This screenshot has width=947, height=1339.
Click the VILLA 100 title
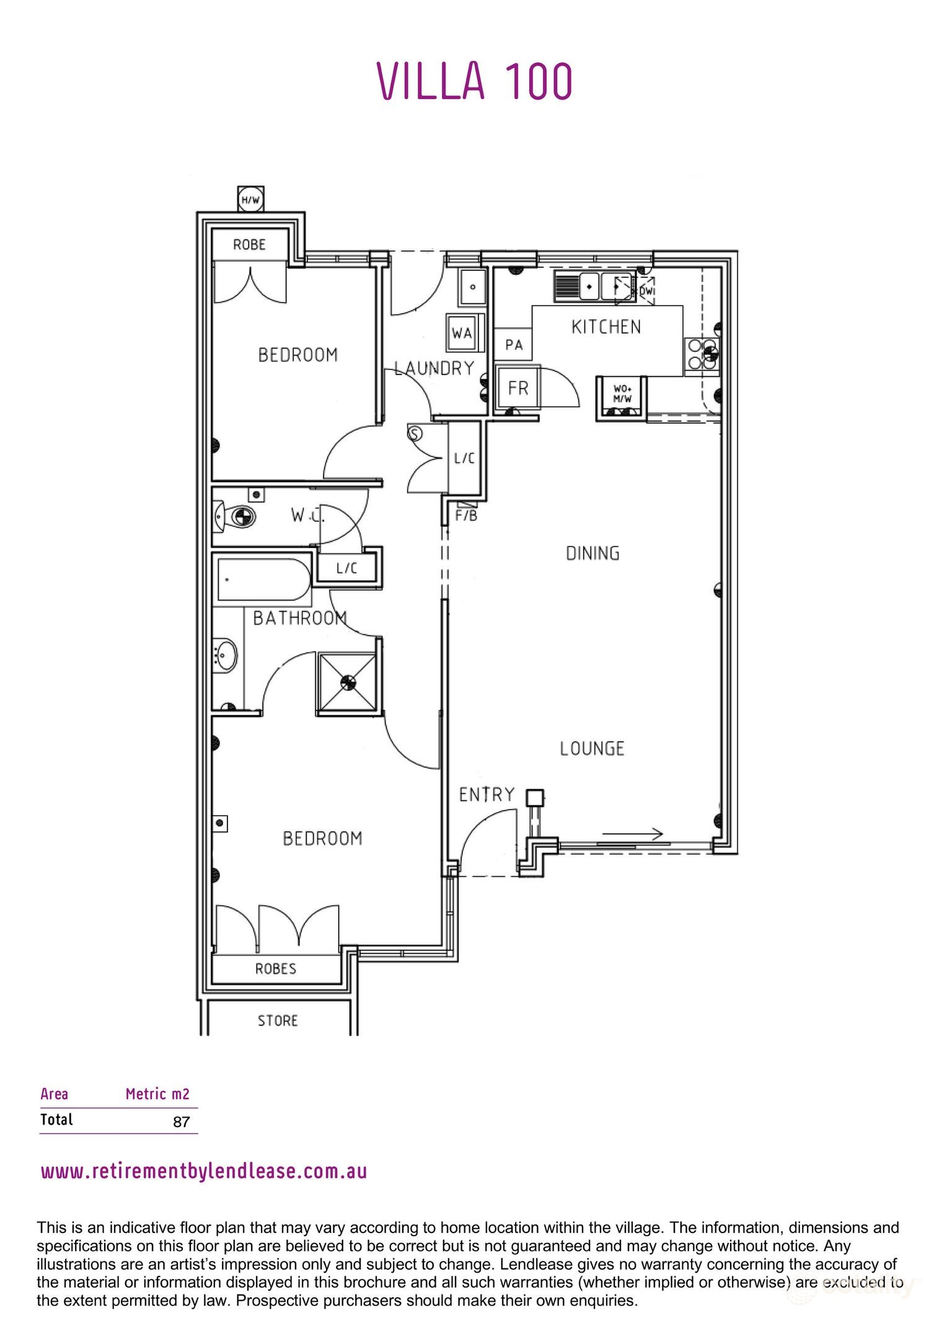[475, 81]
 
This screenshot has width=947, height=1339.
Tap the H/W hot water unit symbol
[251, 200]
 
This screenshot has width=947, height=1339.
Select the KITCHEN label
[606, 327]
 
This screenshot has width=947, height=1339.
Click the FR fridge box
[518, 388]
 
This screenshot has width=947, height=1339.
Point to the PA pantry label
[514, 345]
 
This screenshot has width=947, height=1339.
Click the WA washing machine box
[462, 333]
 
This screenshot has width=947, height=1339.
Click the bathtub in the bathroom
[263, 580]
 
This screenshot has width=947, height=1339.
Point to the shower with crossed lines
[347, 683]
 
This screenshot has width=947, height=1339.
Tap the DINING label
[592, 553]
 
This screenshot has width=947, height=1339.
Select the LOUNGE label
[592, 748]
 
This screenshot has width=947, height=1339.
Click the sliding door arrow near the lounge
[633, 834]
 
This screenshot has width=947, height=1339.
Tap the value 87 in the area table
[181, 1122]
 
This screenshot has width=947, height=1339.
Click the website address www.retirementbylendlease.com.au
[204, 1172]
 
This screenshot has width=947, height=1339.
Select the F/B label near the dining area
[466, 516]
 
